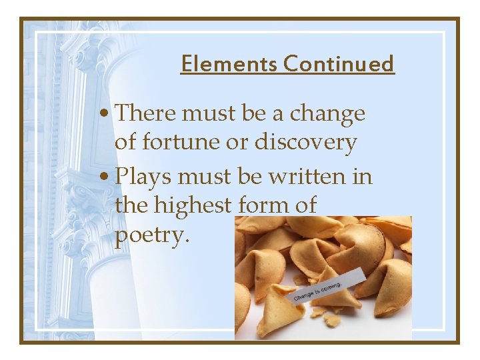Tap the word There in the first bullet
[145, 113]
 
